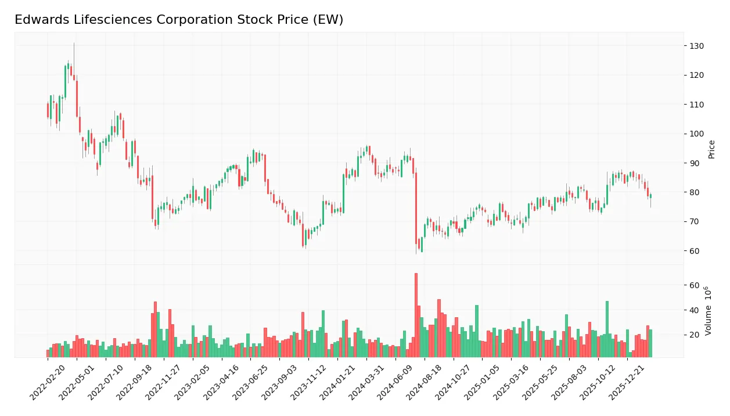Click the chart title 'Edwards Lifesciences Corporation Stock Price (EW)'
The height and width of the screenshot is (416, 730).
click(179, 20)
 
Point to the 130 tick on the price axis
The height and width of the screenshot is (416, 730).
click(696, 46)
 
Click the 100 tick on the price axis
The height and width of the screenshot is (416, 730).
click(696, 134)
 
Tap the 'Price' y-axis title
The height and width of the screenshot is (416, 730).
click(712, 149)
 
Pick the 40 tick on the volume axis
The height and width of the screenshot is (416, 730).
click(694, 310)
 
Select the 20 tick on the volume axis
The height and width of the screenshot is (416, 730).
click(694, 335)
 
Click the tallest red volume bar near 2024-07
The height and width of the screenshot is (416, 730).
click(416, 315)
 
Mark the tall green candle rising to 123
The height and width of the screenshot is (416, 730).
click(65, 81)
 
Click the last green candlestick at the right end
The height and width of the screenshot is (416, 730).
click(650, 196)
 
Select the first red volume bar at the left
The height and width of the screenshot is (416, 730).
click(48, 353)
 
